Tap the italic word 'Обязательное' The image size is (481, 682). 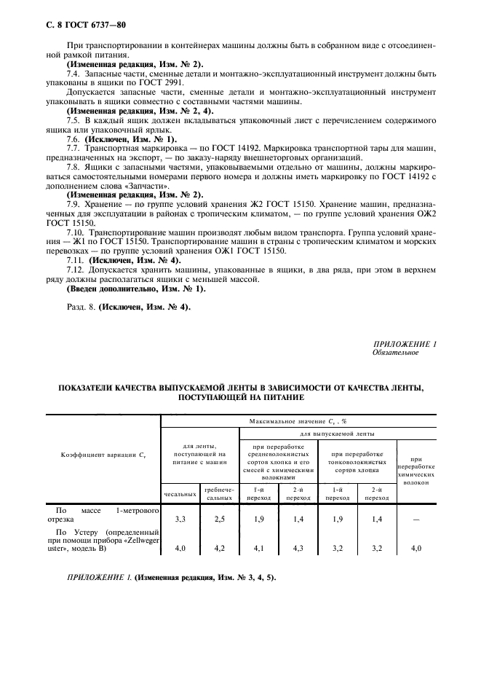point(395,352)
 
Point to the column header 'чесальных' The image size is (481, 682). point(182,494)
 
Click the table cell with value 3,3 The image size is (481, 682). point(182,520)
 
